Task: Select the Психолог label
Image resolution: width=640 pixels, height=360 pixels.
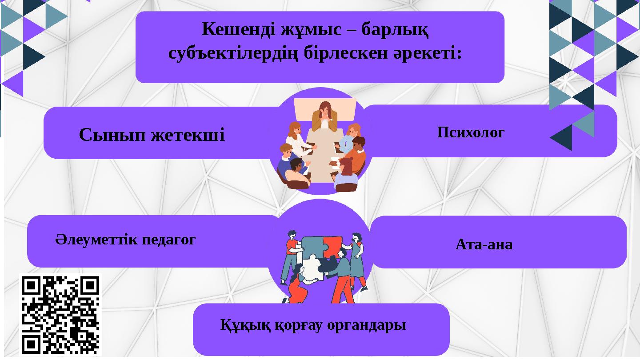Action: (x=471, y=132)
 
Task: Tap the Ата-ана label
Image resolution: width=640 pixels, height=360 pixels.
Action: (x=484, y=244)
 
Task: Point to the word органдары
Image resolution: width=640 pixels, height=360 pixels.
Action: (x=366, y=325)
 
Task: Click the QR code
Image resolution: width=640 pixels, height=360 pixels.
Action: (x=60, y=315)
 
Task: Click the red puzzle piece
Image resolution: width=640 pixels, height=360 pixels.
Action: (x=332, y=245)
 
